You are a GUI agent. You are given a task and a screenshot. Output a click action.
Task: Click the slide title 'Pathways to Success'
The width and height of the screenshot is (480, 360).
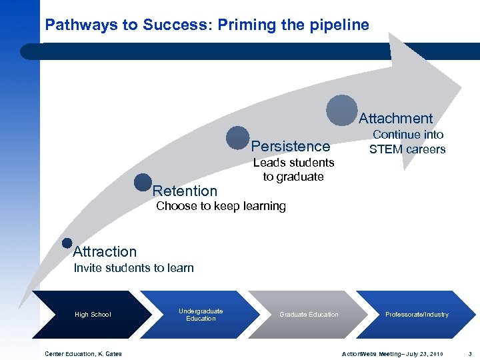[207, 25]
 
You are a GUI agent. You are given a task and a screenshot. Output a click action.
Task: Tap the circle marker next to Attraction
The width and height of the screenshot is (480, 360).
[67, 243]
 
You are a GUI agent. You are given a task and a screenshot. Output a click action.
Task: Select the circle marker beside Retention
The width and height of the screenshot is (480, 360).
[143, 182]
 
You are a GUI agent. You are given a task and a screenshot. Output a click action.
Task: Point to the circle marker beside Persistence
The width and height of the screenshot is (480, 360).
[237, 138]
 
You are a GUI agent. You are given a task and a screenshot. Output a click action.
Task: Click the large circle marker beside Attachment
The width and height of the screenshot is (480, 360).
[342, 110]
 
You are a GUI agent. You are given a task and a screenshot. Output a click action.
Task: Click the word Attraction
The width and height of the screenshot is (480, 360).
[105, 252]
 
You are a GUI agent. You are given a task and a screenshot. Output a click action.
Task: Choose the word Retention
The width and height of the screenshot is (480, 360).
[185, 191]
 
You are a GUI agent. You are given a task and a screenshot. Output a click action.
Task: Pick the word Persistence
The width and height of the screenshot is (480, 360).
[291, 146]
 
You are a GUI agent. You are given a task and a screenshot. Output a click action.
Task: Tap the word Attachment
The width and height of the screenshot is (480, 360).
[396, 119]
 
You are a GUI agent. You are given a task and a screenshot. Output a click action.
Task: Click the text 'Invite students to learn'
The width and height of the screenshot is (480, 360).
[133, 268]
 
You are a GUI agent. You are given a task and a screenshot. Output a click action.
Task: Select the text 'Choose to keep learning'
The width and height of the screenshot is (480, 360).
[221, 206]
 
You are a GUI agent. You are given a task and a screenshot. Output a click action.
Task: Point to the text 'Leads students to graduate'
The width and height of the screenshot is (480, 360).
[293, 170]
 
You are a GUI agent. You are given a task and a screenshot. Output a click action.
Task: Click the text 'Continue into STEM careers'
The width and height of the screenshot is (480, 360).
[407, 142]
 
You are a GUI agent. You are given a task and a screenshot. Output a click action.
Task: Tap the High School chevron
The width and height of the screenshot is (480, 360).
[93, 315]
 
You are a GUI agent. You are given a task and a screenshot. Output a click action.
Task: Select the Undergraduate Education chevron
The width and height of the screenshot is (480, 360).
[201, 315]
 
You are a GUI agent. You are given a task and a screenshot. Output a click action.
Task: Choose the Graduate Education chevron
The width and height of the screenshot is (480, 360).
[309, 315]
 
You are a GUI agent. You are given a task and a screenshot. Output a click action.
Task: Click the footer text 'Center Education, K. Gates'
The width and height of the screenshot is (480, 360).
[83, 353]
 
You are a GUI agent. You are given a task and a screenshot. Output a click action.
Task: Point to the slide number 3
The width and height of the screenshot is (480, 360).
[470, 353]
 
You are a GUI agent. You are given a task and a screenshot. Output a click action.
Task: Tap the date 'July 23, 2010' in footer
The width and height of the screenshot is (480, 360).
[428, 353]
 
